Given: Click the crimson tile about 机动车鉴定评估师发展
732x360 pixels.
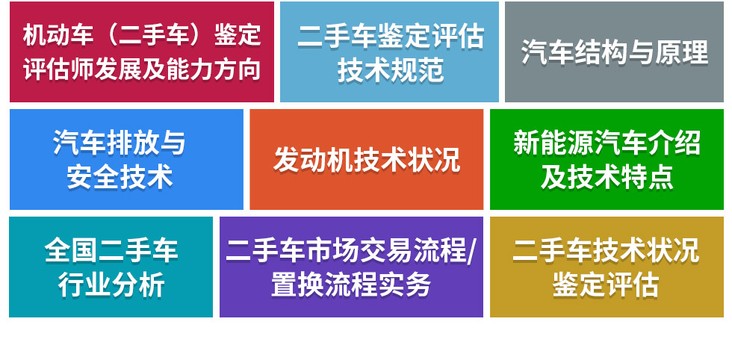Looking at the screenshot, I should pyautogui.click(x=142, y=52).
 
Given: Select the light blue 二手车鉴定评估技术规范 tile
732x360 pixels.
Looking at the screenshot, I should pyautogui.click(x=389, y=52).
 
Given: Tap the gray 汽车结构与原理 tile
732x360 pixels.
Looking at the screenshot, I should pyautogui.click(x=614, y=52).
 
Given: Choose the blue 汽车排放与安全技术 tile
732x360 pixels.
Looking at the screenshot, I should pyautogui.click(x=126, y=159).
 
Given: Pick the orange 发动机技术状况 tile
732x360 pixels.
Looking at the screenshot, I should pyautogui.click(x=366, y=159).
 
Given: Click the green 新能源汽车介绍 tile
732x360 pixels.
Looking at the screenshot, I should pyautogui.click(x=607, y=159).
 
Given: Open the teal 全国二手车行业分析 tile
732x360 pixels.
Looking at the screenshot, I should pyautogui.click(x=111, y=267).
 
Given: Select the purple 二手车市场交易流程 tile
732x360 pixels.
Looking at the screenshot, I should pyautogui.click(x=351, y=267).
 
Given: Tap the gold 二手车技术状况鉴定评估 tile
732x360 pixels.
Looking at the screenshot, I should pyautogui.click(x=607, y=267).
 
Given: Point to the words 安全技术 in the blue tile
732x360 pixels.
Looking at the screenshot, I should pyautogui.click(x=120, y=177).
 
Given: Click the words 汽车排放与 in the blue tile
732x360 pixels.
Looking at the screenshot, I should pyautogui.click(x=120, y=143).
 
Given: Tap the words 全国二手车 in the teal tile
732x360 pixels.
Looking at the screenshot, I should pyautogui.click(x=111, y=251).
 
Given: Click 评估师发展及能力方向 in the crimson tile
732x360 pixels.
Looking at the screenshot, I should pyautogui.click(x=142, y=69).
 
